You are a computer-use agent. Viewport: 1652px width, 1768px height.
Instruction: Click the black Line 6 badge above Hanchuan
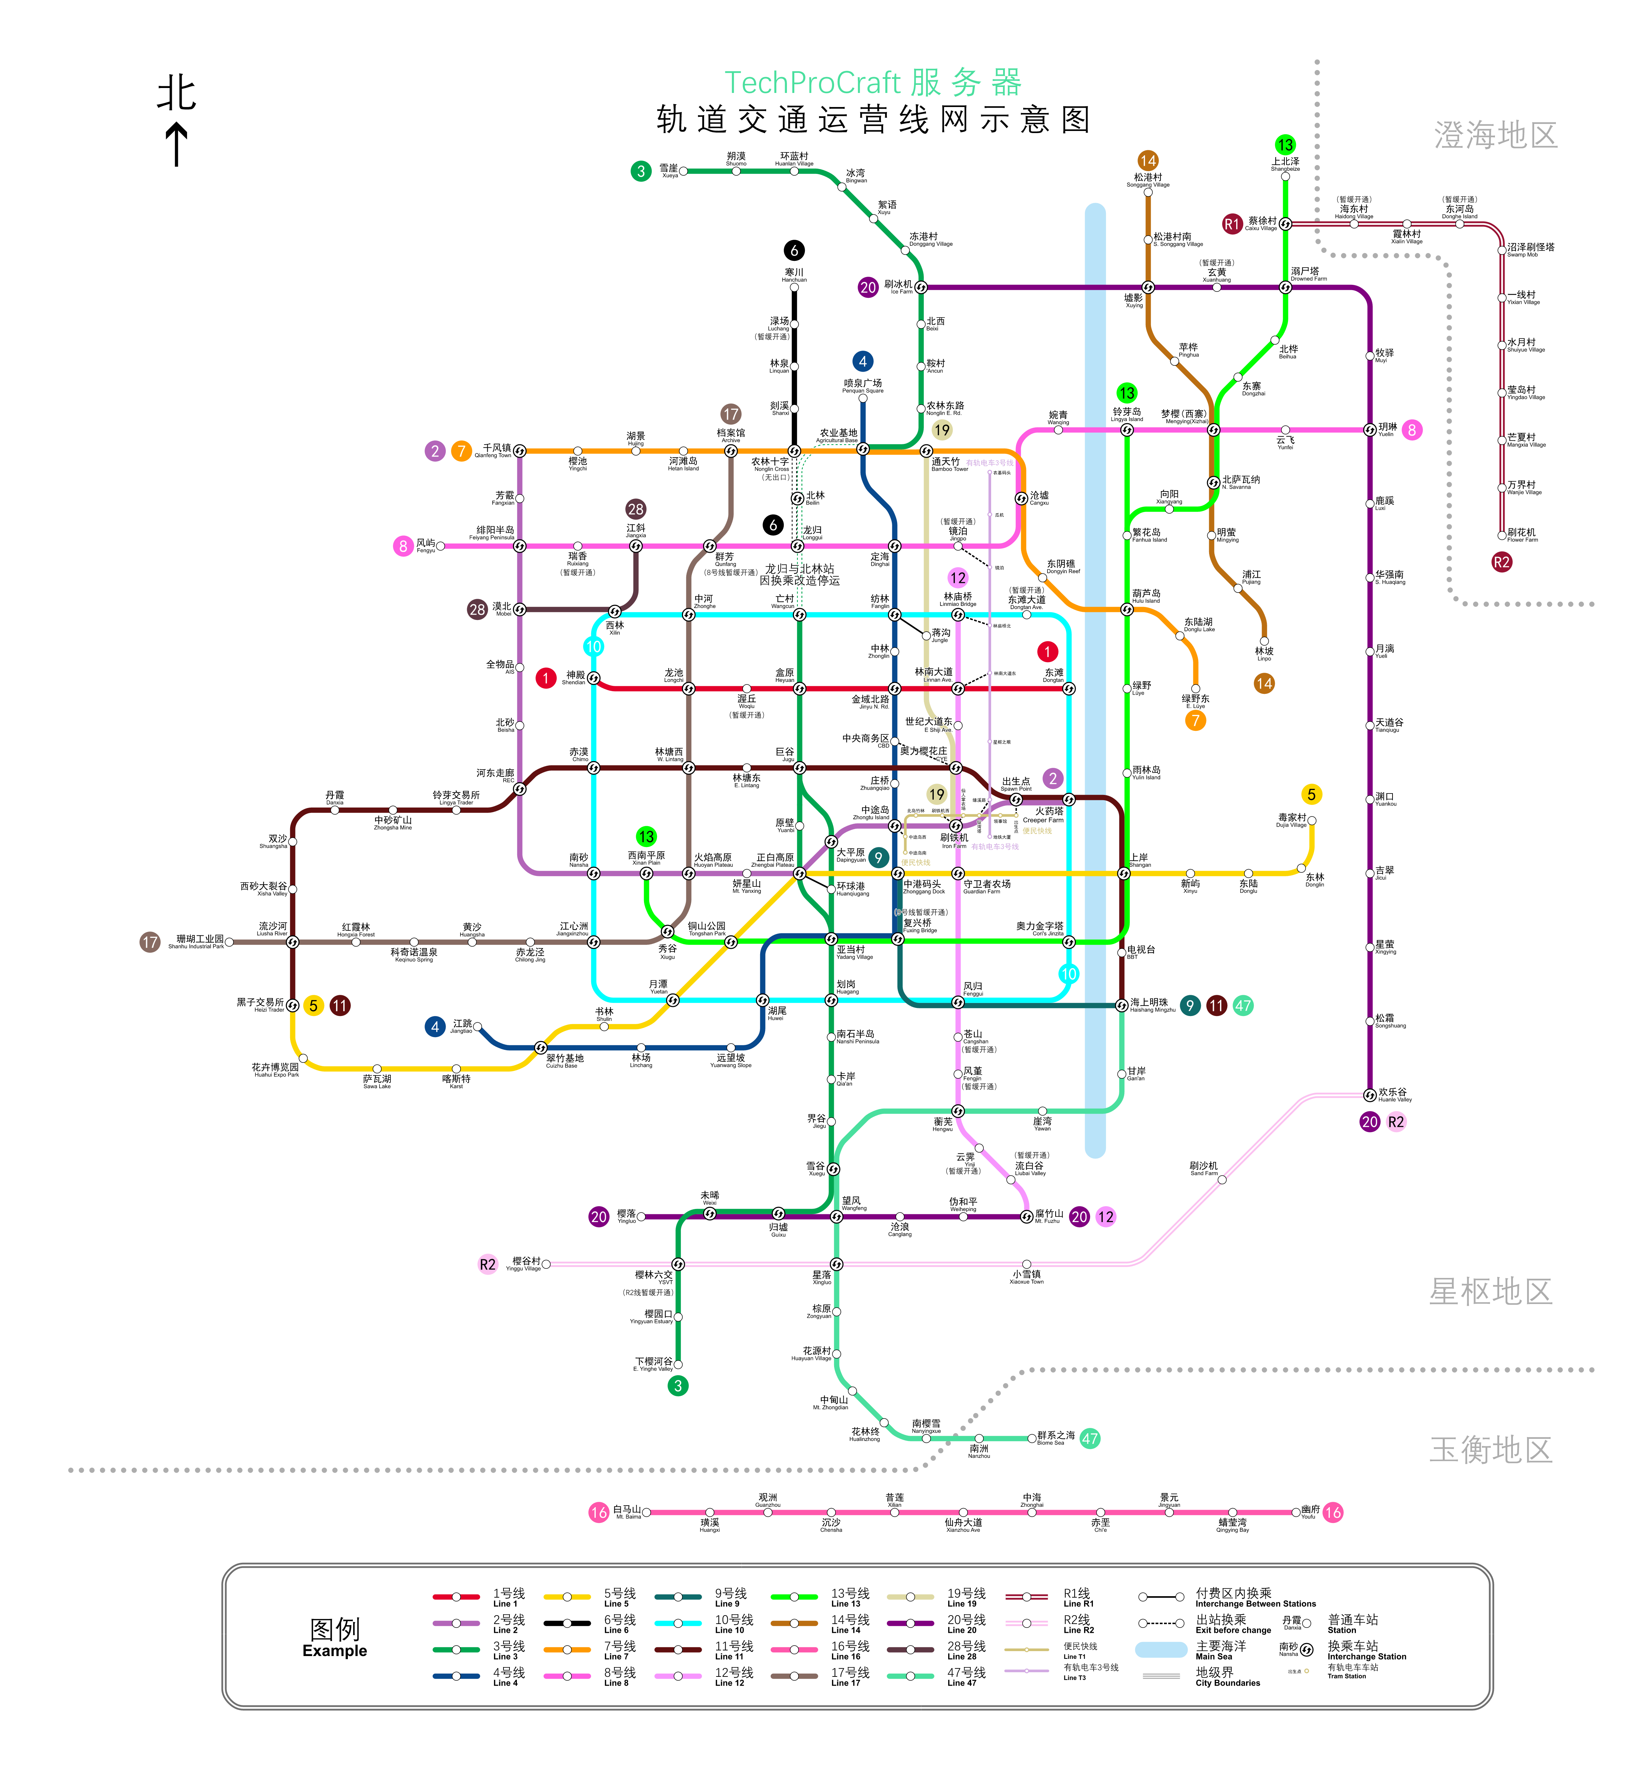tap(794, 251)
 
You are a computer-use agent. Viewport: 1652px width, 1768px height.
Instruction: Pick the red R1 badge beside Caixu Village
tap(1231, 224)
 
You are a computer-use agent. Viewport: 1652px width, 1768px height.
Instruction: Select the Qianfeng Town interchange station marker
tap(520, 451)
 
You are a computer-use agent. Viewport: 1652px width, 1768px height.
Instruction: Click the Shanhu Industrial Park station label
tap(199, 941)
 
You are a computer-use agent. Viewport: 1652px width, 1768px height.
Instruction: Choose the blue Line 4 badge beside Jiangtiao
tap(434, 1026)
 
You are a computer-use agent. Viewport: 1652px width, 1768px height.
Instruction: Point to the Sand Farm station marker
tap(1221, 1180)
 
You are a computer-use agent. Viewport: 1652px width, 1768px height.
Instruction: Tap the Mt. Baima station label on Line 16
tap(627, 1512)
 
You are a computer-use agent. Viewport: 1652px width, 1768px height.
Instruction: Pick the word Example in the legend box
tap(334, 1651)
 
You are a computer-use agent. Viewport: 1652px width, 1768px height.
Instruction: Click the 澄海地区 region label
tap(1495, 135)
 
